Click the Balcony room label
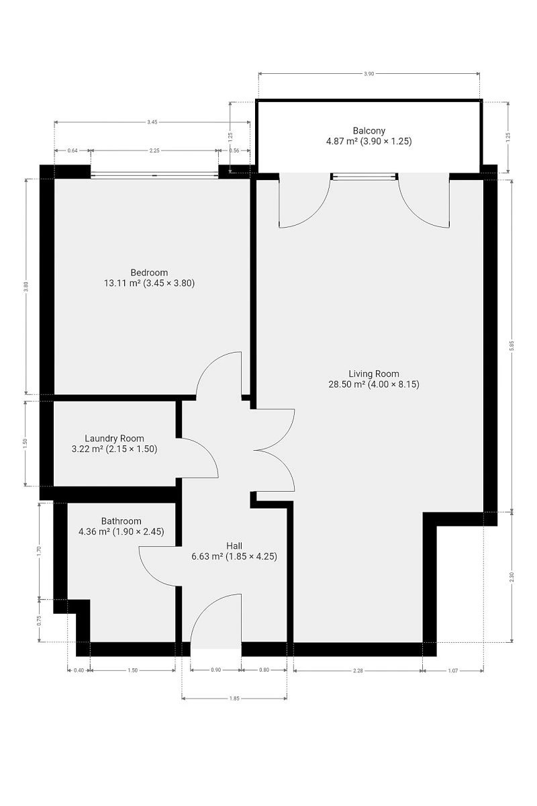pyautogui.click(x=369, y=130)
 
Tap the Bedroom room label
pyautogui.click(x=149, y=273)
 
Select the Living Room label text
pyautogui.click(x=374, y=373)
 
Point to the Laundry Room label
pyautogui.click(x=114, y=438)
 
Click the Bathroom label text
pyautogui.click(x=121, y=521)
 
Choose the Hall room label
pyautogui.click(x=234, y=546)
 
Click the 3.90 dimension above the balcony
pyautogui.click(x=369, y=74)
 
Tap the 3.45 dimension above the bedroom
pyautogui.click(x=152, y=122)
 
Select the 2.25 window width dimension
pyautogui.click(x=154, y=150)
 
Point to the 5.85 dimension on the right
pyautogui.click(x=511, y=345)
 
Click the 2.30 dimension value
pyautogui.click(x=511, y=577)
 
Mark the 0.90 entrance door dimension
pyautogui.click(x=215, y=670)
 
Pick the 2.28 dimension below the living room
pyautogui.click(x=358, y=670)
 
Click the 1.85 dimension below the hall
pyautogui.click(x=234, y=699)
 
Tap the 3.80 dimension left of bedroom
pyautogui.click(x=26, y=286)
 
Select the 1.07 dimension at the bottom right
pyautogui.click(x=453, y=670)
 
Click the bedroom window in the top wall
pyautogui.click(x=154, y=175)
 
